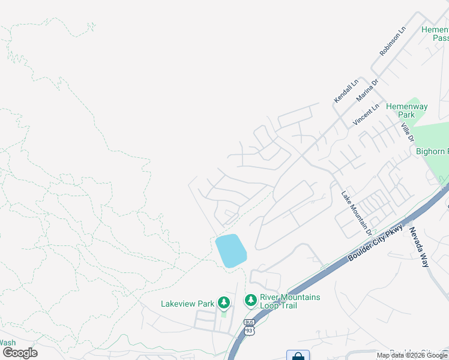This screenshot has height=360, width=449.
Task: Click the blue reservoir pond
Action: pyautogui.click(x=231, y=251)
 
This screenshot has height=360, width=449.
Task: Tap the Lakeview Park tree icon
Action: pyautogui.click(x=224, y=302)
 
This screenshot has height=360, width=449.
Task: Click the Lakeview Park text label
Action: pyautogui.click(x=187, y=304)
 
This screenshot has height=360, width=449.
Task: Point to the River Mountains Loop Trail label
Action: pyautogui.click(x=289, y=301)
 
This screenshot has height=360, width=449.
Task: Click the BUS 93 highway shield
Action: pyautogui.click(x=249, y=327)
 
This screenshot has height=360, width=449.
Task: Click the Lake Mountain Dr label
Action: pyautogui.click(x=357, y=212)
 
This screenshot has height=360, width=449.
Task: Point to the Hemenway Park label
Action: pyautogui.click(x=407, y=110)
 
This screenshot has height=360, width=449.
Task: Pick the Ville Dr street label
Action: pyautogui.click(x=408, y=133)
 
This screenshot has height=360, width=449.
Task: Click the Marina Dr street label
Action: pyautogui.click(x=367, y=89)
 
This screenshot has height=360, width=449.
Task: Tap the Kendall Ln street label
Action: pyautogui.click(x=346, y=90)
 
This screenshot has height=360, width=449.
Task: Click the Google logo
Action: pyautogui.click(x=20, y=353)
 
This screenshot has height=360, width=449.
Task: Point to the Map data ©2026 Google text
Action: pyautogui.click(x=412, y=355)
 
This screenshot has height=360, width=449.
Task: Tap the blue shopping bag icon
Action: pyautogui.click(x=298, y=356)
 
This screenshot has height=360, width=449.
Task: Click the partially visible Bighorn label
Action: pyautogui.click(x=432, y=151)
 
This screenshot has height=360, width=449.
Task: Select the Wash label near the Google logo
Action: pyautogui.click(x=8, y=343)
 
